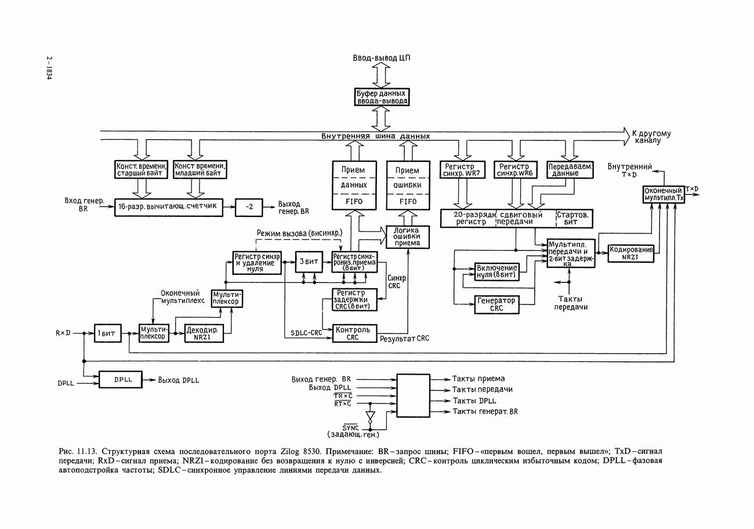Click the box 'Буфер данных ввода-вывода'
click(382, 97)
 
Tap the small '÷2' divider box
click(248, 206)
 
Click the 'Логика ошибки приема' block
click(407, 237)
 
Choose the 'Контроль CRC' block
click(354, 333)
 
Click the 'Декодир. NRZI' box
click(203, 334)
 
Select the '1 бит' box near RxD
click(105, 334)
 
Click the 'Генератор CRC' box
click(496, 305)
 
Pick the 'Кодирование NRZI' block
click(630, 253)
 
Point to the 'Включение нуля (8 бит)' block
click(496, 271)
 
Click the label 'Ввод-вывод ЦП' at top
click(382, 58)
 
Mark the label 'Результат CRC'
click(404, 338)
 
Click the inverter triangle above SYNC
click(371, 416)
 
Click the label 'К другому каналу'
click(650, 137)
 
